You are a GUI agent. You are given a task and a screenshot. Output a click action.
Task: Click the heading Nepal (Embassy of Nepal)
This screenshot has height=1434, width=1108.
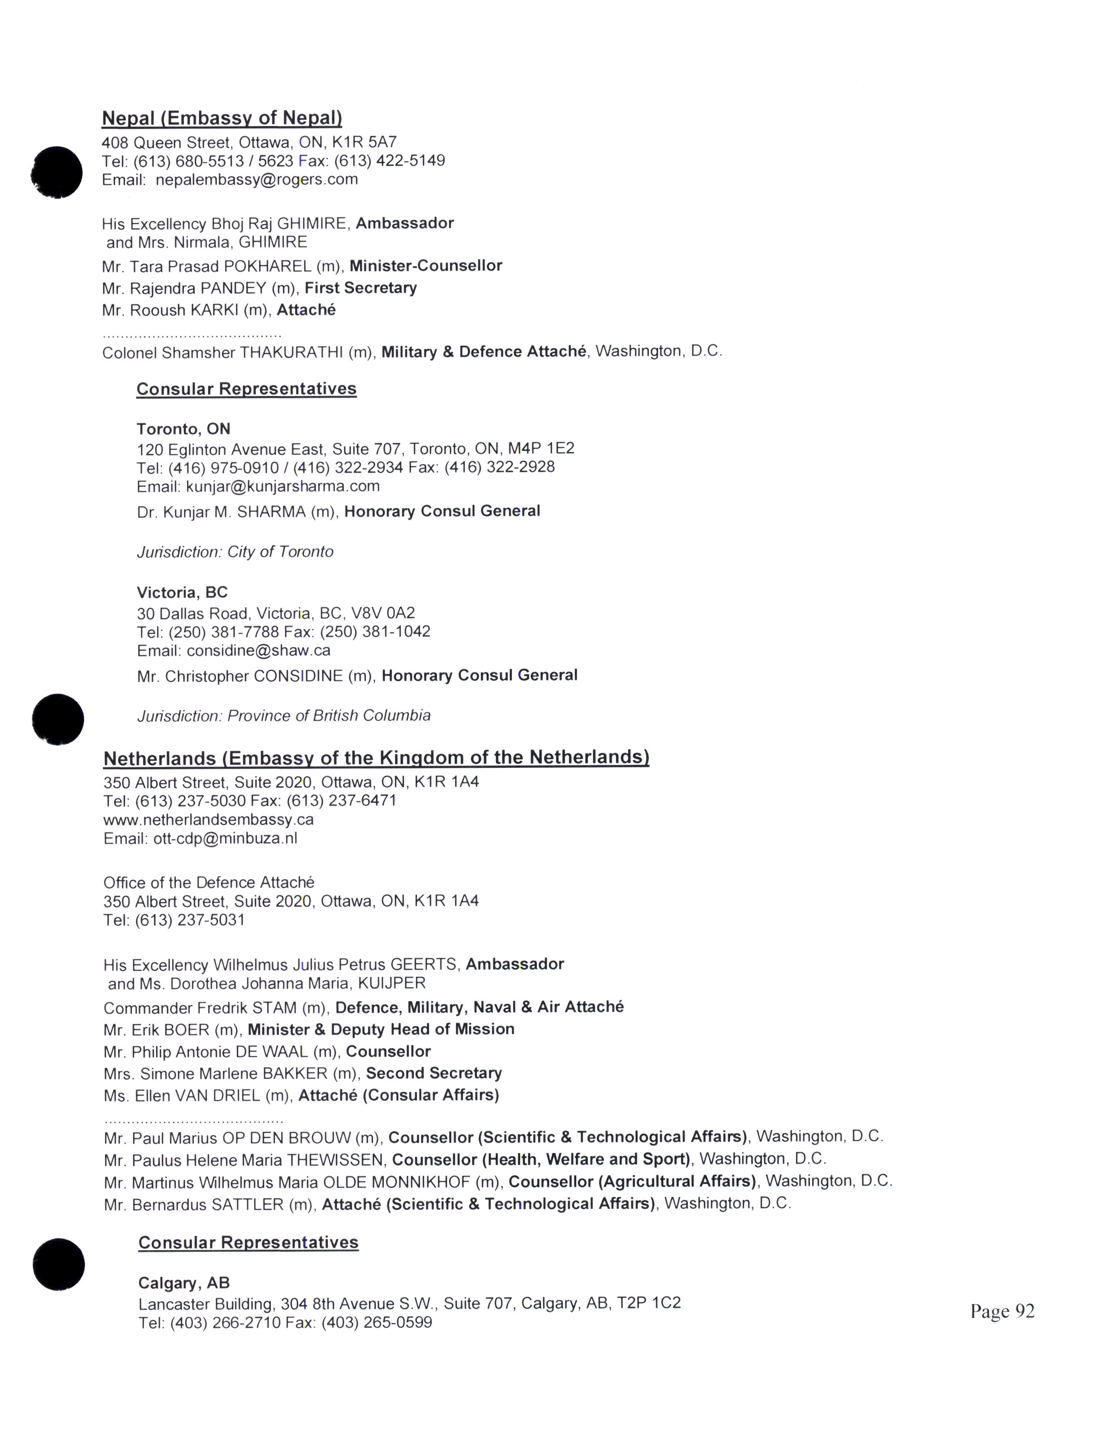pyautogui.click(x=222, y=118)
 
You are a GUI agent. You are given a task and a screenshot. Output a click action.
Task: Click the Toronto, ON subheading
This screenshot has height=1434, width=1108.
pyautogui.click(x=183, y=429)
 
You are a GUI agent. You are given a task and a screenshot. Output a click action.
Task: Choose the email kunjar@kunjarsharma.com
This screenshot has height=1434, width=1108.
pyautogui.click(x=283, y=487)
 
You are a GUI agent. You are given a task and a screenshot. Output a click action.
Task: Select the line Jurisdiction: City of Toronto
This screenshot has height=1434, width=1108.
pyautogui.click(x=235, y=551)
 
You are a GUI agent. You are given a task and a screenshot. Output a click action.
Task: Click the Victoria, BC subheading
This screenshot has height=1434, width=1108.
pyautogui.click(x=182, y=593)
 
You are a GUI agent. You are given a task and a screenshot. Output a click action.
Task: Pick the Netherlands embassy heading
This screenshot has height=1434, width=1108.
pyautogui.click(x=376, y=758)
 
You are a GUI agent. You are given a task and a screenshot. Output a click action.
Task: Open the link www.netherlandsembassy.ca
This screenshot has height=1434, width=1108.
pyautogui.click(x=209, y=820)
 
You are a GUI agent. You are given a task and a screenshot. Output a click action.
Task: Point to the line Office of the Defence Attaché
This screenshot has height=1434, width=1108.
pyautogui.click(x=209, y=883)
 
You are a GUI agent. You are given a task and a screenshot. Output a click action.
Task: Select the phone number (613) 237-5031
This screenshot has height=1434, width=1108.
pyautogui.click(x=190, y=920)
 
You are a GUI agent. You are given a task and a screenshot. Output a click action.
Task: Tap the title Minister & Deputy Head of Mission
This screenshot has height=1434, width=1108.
pyautogui.click(x=381, y=1029)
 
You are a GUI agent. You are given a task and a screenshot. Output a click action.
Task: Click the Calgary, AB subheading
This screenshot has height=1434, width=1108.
pyautogui.click(x=184, y=1283)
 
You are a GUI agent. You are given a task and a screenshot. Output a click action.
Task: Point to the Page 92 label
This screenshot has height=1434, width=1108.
pyautogui.click(x=1002, y=1311)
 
